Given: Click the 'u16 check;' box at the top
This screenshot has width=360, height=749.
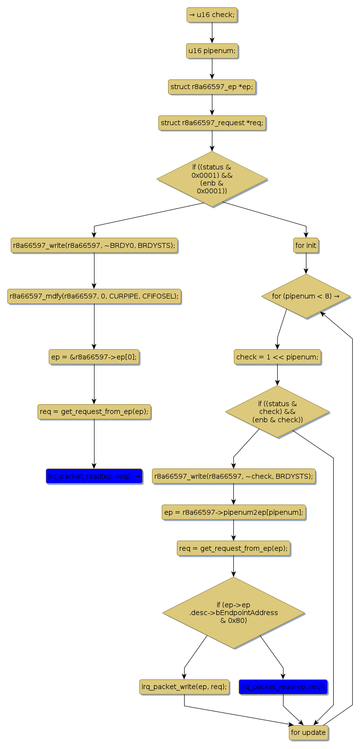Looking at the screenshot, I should tap(212, 15).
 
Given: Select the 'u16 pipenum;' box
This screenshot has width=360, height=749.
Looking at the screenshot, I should tap(212, 51).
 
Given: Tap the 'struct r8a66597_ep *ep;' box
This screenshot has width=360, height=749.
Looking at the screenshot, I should tap(212, 87).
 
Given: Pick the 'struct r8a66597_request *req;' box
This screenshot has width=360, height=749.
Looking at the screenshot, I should tap(212, 123).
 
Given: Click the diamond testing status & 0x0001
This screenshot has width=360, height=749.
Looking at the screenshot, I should tap(212, 179).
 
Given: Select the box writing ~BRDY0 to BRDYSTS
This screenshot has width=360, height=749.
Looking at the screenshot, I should tap(94, 245).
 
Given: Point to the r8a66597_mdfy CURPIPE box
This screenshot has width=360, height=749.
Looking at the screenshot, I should tap(94, 296).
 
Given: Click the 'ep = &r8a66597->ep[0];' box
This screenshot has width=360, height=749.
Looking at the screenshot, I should tap(94, 357).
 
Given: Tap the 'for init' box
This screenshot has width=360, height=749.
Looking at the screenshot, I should tap(306, 245).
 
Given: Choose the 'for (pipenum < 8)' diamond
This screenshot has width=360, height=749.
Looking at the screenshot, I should tap(306, 296).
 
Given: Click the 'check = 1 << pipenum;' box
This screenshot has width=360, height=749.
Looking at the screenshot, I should tap(277, 357).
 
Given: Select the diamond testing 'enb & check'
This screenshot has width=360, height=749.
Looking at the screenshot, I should tap(277, 412).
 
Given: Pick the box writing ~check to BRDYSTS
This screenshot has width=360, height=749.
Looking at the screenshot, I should tap(233, 476).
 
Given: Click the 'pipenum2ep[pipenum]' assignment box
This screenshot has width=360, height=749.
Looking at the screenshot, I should tap(233, 512).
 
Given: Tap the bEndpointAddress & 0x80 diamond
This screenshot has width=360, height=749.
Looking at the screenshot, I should tap(233, 613).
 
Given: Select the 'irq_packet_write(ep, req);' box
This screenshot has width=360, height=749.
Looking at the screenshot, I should tap(184, 687).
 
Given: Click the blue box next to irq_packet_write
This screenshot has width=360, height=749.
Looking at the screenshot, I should tap(283, 687).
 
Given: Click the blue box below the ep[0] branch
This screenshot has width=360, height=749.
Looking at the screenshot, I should tap(94, 476).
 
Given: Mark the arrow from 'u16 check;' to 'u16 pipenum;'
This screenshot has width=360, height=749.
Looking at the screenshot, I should tap(212, 33).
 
